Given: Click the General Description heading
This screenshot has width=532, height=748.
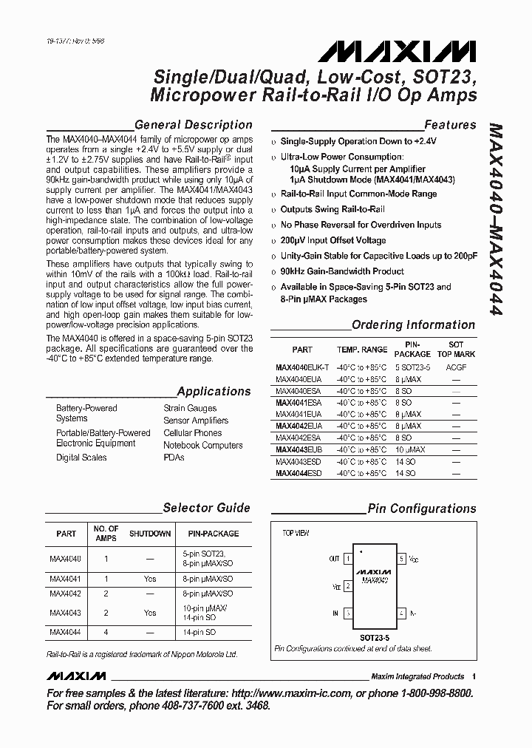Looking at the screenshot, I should click(x=194, y=125).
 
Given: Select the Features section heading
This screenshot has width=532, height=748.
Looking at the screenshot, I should click(x=450, y=125).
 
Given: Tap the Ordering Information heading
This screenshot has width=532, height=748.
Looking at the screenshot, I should click(x=413, y=324).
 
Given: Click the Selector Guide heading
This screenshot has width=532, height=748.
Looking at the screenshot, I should click(x=206, y=508).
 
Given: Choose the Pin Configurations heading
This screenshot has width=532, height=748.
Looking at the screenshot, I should click(x=422, y=509).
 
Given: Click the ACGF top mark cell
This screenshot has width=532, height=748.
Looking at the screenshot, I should click(x=456, y=367).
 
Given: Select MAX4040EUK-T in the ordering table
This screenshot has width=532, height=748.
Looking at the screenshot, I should click(x=302, y=367).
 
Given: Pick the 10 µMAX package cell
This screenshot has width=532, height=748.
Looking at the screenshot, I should click(x=412, y=449).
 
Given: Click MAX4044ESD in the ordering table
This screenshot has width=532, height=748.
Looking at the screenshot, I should click(x=298, y=473).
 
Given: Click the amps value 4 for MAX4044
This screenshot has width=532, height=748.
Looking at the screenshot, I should click(x=106, y=632).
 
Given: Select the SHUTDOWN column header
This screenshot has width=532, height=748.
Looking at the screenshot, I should click(x=150, y=534).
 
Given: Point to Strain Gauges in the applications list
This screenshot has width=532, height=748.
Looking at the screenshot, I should click(x=190, y=408).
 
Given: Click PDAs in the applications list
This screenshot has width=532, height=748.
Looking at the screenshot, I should click(x=174, y=458).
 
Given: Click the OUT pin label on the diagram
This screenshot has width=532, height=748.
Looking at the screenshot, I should click(x=335, y=559).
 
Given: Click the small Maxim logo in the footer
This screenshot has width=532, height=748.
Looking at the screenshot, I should click(x=76, y=676).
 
